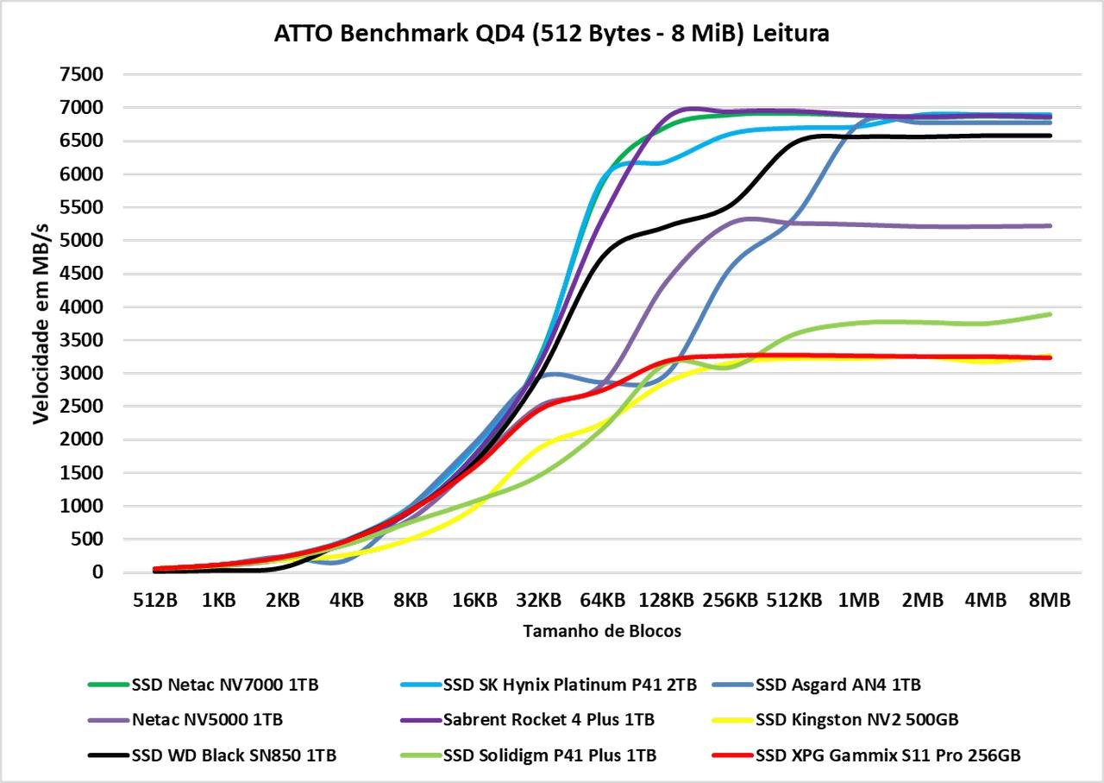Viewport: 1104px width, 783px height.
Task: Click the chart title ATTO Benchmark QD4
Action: [552, 34]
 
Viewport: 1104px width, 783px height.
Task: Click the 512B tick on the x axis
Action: [154, 600]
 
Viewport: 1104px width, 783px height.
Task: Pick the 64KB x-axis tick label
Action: [601, 600]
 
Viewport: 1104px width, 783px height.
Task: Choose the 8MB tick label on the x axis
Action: [1049, 600]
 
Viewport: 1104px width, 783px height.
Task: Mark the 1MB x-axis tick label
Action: [857, 600]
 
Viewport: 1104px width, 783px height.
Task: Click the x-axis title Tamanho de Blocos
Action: [602, 631]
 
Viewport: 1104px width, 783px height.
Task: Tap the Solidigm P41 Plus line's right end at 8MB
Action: [1050, 314]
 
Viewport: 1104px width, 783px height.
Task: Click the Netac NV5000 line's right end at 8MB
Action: [1050, 226]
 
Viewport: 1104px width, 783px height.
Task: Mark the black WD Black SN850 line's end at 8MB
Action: [1050, 136]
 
